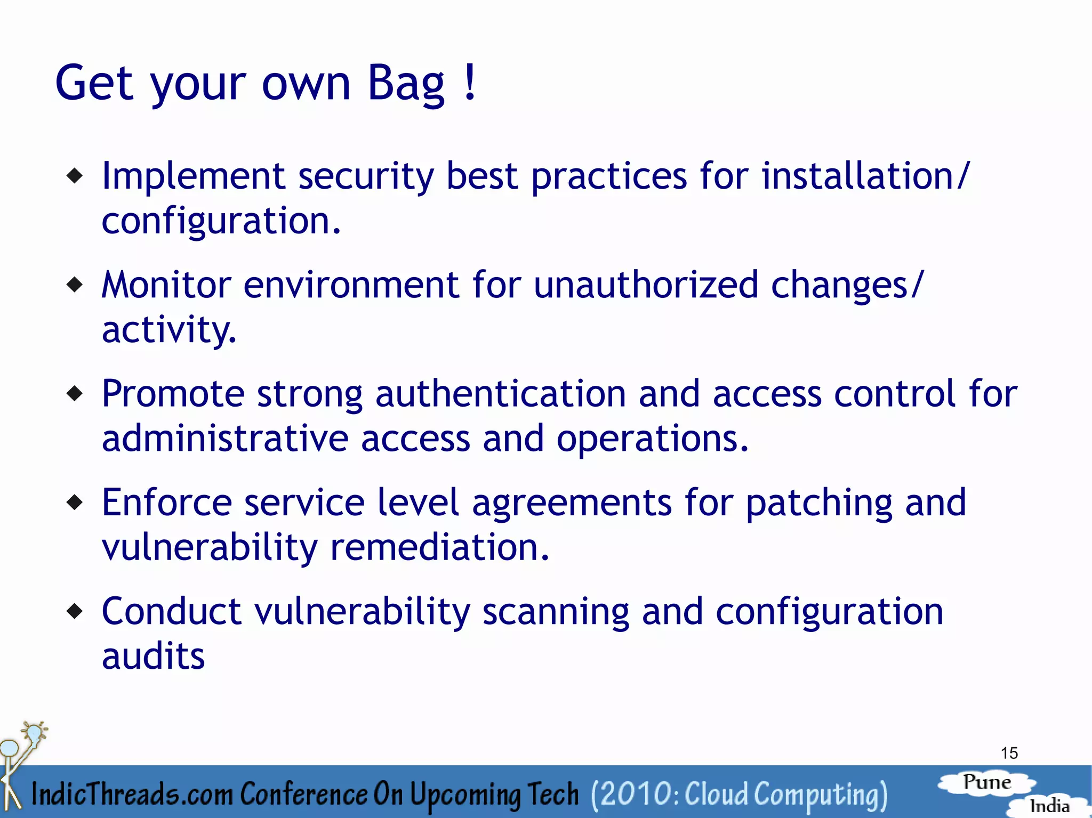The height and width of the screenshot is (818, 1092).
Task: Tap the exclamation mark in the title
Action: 470,83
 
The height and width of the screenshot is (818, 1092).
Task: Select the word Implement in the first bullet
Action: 193,176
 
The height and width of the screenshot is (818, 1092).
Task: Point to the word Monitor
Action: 166,285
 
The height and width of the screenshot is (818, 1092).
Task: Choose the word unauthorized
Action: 645,285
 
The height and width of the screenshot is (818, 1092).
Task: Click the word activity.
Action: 168,330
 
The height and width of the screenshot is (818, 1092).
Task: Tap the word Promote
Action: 173,394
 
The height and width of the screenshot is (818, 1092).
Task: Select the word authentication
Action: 500,394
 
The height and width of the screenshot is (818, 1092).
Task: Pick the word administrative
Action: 224,439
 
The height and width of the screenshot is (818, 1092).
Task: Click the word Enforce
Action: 166,503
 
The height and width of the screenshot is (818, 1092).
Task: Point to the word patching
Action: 818,504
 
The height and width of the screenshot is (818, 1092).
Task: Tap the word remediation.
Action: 439,547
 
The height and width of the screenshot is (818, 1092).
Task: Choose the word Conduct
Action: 171,611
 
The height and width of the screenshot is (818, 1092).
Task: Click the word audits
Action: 153,656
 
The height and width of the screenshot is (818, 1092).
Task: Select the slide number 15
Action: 1009,753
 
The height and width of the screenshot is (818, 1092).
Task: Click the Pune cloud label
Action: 986,782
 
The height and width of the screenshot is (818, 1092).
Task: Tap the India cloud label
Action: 1049,806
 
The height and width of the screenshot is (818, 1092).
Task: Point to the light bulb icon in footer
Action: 35,733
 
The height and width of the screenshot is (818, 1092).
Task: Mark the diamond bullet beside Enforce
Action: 75,502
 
